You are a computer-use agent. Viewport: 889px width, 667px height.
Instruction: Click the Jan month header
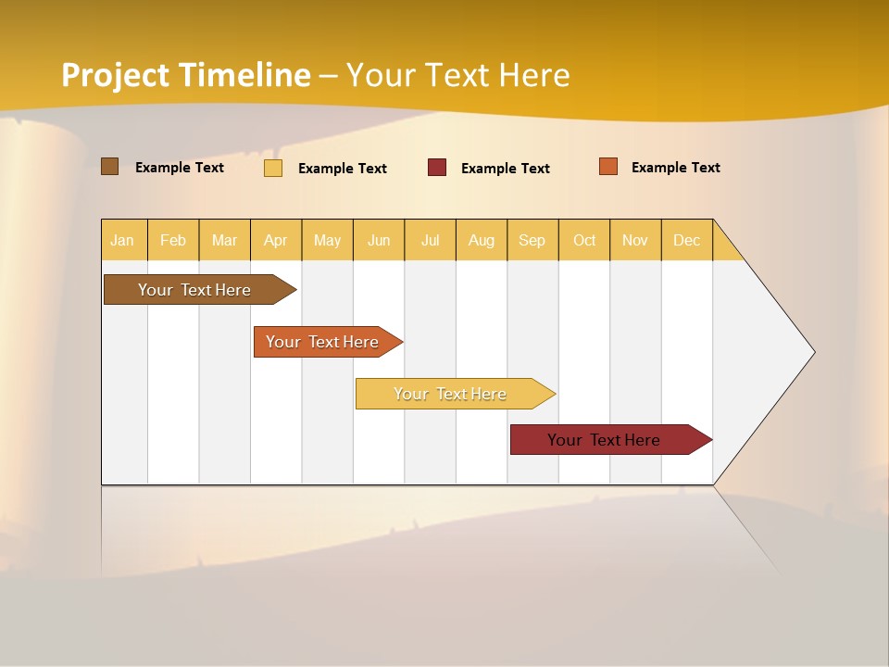pos(122,240)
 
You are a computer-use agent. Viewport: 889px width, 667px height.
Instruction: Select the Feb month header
pos(173,240)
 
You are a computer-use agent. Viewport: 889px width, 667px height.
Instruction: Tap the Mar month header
pos(224,240)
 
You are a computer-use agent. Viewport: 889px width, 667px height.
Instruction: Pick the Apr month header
pos(276,240)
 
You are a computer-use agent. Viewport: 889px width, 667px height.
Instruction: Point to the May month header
pos(327,240)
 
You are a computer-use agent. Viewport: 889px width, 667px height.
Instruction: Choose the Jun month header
pos(379,240)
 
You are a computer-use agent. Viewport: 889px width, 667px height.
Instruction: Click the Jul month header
pos(430,240)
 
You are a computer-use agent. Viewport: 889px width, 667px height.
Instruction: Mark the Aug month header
pos(482,240)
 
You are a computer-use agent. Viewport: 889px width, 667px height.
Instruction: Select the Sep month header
pos(532,240)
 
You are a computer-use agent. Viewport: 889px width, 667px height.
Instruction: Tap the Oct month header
pos(584,240)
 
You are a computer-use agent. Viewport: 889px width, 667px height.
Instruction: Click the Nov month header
pos(635,240)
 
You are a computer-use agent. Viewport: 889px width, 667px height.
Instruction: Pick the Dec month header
pos(687,240)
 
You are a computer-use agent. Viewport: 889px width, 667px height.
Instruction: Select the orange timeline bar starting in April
pos(324,342)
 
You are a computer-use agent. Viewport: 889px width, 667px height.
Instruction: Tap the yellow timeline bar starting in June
pos(452,394)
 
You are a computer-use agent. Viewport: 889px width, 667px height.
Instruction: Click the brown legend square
pos(110,167)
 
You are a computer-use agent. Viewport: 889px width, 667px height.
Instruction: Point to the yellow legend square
pos(273,168)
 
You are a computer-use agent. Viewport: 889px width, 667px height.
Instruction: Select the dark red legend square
pos(437,168)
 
